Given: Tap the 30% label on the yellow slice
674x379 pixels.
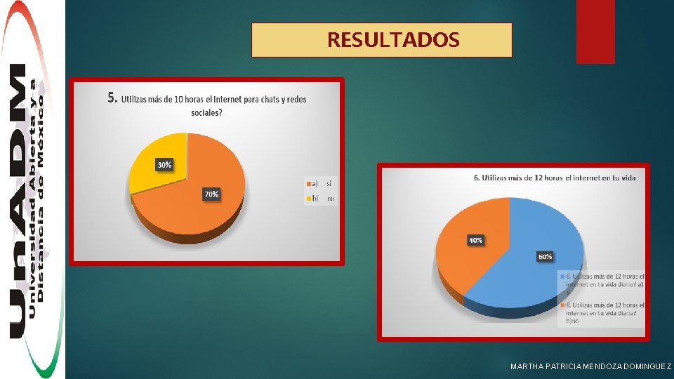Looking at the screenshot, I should tap(164, 165).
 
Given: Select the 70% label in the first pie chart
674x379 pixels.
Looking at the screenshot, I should tap(211, 194).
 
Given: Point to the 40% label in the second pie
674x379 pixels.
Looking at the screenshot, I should tap(475, 241).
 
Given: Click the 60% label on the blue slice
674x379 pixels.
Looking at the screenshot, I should tap(545, 257).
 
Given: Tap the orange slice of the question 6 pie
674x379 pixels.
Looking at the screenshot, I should tap(463, 260).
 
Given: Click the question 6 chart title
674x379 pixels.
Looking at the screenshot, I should tap(555, 178).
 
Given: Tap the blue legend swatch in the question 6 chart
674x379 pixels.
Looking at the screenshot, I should tap(562, 276).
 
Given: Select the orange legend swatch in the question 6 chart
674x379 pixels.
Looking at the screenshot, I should tap(562, 305).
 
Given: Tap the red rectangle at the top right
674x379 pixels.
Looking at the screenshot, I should tap(595, 31).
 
